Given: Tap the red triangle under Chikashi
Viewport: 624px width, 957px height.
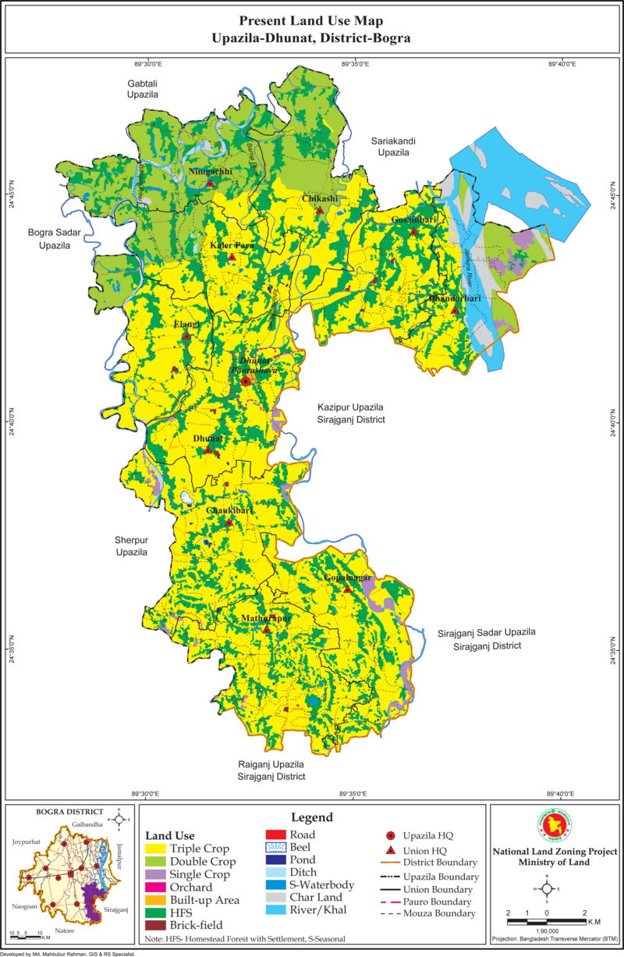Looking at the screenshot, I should (x=321, y=209).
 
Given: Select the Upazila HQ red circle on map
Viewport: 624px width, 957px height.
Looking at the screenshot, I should (x=246, y=382).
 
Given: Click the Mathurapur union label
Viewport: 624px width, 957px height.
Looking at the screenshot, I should (x=266, y=617).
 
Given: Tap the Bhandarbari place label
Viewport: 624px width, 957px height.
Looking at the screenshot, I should (x=453, y=298).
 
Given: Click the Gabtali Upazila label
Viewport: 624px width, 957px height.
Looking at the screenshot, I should (x=143, y=88).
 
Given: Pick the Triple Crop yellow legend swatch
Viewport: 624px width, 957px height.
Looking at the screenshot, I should (x=155, y=848).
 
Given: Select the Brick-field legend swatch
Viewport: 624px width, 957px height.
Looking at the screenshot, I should (x=155, y=926).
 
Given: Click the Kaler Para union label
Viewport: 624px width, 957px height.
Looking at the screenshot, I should (x=232, y=245).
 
